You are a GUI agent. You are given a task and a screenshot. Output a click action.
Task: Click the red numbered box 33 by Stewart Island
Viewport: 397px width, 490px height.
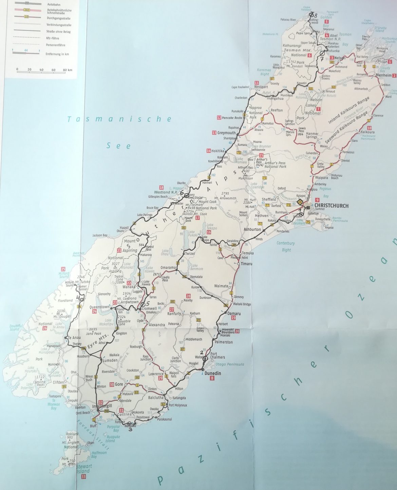point(83,477)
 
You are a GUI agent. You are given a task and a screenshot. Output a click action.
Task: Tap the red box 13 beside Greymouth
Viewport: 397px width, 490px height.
point(214,133)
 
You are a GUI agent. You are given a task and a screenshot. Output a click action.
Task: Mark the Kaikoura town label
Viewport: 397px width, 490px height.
point(368,132)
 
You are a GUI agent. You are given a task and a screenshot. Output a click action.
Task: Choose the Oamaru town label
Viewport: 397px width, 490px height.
point(234,313)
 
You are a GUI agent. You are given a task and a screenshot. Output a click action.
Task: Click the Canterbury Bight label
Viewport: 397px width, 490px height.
point(286,247)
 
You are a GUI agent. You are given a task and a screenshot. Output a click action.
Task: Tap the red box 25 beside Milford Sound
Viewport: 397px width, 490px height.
point(63,269)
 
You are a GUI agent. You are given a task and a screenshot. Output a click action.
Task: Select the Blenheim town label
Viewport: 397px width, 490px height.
point(383,75)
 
